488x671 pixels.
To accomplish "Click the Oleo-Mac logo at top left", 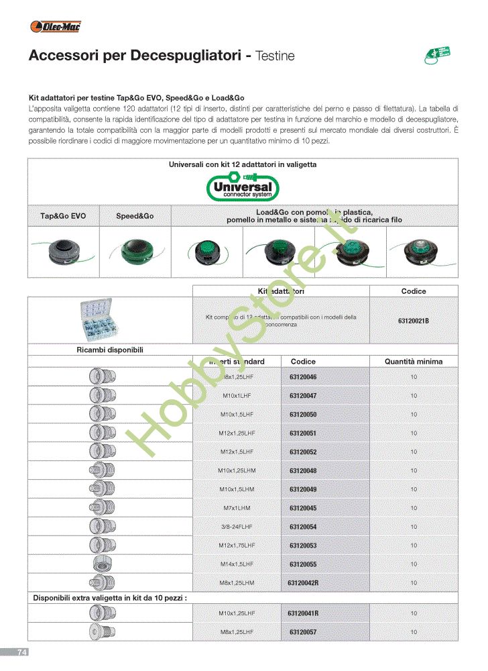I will coord(56,27).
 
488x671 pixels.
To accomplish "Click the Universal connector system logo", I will coord(243,187).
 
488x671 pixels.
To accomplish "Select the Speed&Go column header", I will coord(135,216).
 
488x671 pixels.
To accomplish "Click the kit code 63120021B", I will coord(414,321).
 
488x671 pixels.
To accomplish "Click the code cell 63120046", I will coord(303,377).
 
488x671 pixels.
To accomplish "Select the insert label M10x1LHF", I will coord(237,396).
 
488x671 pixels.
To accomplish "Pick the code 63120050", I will coord(303,415).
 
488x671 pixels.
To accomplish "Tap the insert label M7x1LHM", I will coord(237,508).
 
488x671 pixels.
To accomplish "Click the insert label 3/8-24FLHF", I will coord(237,527).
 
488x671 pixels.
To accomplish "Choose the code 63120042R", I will coord(303,583).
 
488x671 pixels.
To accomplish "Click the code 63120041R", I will coord(303,613).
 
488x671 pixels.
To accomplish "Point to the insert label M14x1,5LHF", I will coord(237,564).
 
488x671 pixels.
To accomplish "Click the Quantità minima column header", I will coord(414,361).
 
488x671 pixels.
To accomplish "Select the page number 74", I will coord(22,652).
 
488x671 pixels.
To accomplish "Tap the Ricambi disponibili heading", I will coord(109,350).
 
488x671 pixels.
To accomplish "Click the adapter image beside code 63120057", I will coord(103,631).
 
